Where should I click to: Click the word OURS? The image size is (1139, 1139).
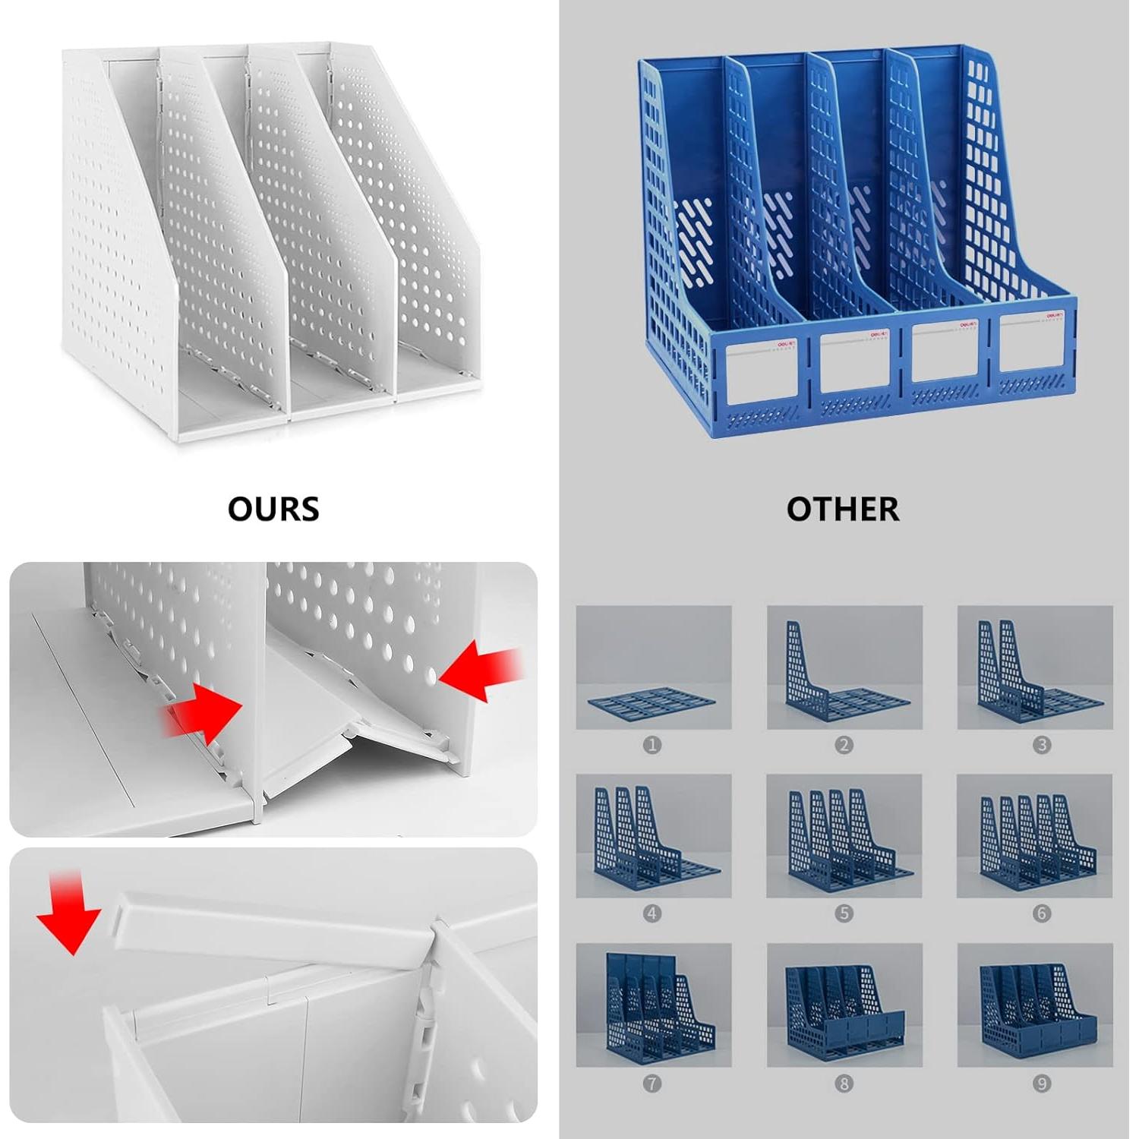click(x=273, y=509)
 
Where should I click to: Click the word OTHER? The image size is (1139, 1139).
click(x=842, y=509)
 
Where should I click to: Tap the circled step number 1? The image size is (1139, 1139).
click(x=652, y=745)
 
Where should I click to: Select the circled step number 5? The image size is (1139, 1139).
click(x=844, y=913)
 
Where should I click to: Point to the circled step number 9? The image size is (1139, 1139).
click(x=1042, y=1084)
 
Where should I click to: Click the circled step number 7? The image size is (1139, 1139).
click(x=652, y=1084)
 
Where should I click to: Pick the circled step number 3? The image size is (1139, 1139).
click(x=1042, y=745)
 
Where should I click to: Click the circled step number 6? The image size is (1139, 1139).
click(x=1042, y=913)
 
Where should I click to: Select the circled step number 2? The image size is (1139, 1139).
click(x=844, y=745)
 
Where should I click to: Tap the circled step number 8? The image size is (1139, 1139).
click(x=844, y=1084)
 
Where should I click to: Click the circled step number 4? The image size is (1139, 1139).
click(x=652, y=913)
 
